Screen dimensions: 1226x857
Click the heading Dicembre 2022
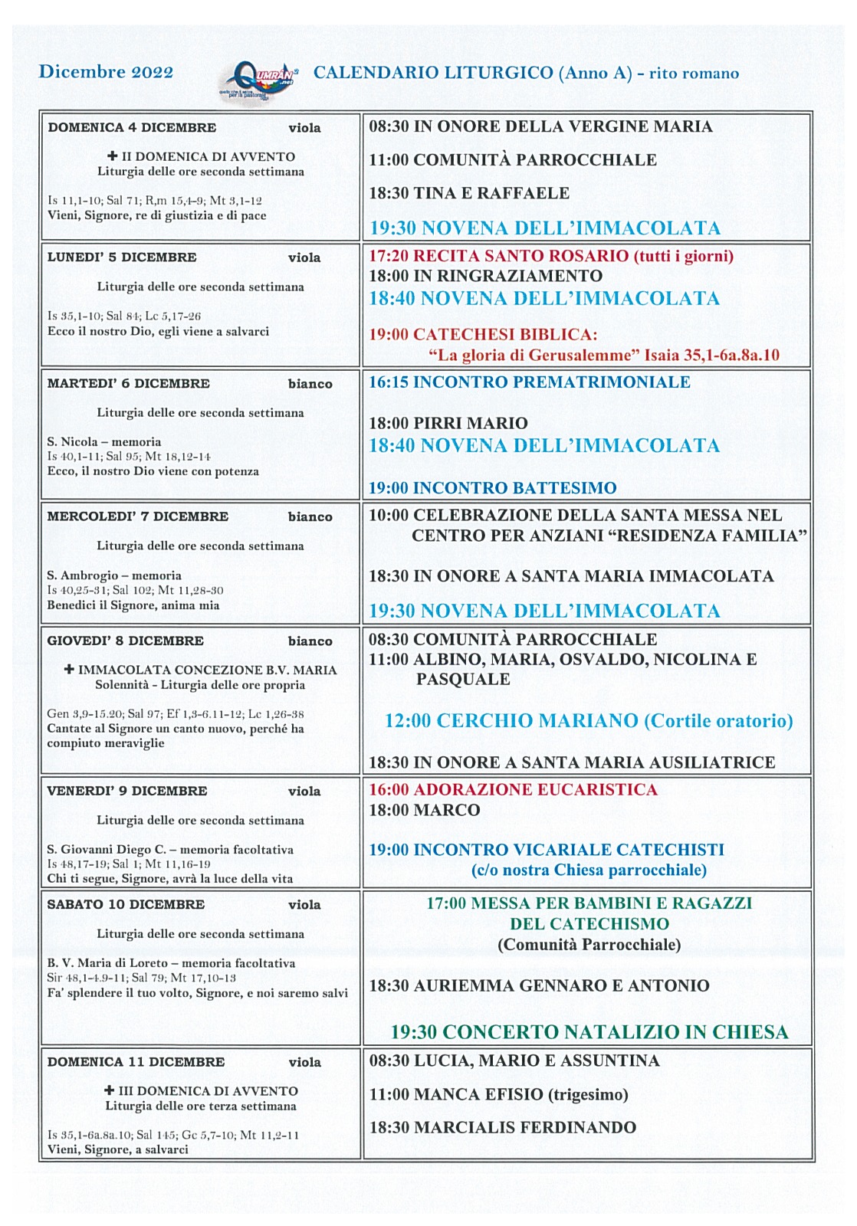(x=106, y=72)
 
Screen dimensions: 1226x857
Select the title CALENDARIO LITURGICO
(x=433, y=73)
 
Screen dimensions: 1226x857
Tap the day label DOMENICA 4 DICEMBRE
(x=132, y=128)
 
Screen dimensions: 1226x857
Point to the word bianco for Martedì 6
(x=310, y=384)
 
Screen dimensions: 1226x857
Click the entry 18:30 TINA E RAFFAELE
(x=469, y=193)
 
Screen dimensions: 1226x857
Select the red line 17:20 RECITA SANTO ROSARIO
(x=551, y=256)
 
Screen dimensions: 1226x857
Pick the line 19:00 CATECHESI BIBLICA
(x=483, y=335)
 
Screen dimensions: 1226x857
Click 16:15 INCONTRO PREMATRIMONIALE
(x=530, y=382)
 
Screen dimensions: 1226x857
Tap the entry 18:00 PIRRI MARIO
(x=448, y=423)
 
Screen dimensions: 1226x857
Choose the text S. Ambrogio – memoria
(x=114, y=575)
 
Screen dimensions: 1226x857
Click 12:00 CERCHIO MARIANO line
(x=589, y=721)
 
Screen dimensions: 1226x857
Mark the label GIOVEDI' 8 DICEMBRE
(x=125, y=641)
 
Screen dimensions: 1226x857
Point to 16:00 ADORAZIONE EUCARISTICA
(x=513, y=790)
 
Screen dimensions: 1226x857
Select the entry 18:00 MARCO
(x=425, y=810)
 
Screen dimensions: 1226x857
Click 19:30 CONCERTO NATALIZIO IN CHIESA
(x=589, y=1032)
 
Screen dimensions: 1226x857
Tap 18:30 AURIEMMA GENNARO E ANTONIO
(x=539, y=985)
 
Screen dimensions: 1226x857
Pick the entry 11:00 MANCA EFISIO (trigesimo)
(x=498, y=1094)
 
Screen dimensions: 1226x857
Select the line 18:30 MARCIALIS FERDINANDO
(x=502, y=1127)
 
